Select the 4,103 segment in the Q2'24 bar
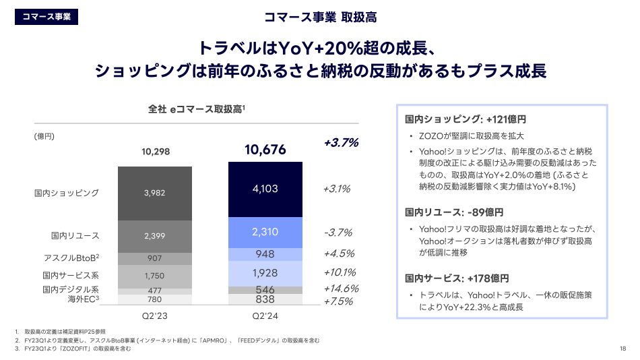tap(265, 189)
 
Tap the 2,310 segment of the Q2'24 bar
tap(265, 232)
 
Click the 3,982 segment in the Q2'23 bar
tap(154, 193)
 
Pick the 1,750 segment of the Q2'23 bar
tap(154, 276)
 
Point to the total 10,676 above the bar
tap(265, 150)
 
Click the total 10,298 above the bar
tap(154, 151)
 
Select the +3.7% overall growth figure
tap(341, 143)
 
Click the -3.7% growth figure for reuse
tap(338, 233)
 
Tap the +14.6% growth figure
tap(341, 289)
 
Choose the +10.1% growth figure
tap(340, 272)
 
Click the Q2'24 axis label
tap(265, 315)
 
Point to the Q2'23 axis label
tap(154, 315)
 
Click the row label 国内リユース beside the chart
tap(75, 235)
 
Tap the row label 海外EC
tap(84, 299)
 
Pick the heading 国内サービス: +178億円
tap(457, 278)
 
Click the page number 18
tap(622, 349)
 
